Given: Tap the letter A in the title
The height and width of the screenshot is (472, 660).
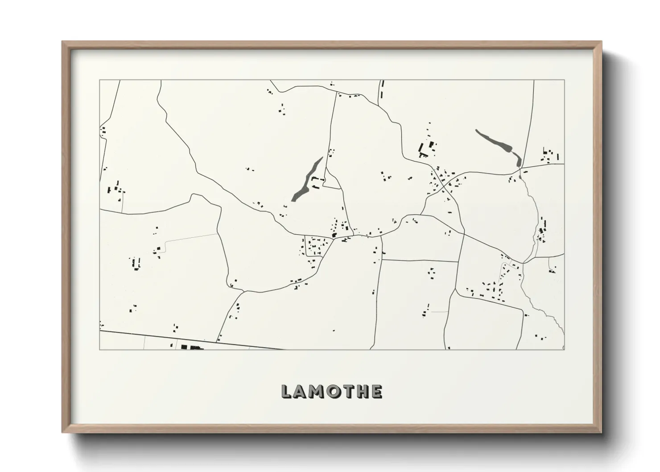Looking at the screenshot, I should coord(300,392).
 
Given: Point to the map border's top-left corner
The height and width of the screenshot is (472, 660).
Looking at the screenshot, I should coord(100,80).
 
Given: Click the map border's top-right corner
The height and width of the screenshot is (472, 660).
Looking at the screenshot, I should coord(564,80).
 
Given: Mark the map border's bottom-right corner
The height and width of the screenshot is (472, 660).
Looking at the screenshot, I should coord(564,349).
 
